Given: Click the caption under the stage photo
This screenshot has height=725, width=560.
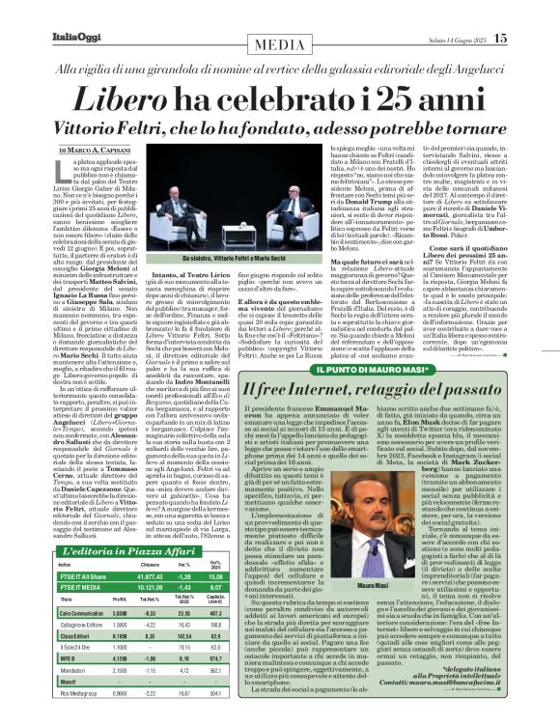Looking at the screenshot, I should [x=225, y=259].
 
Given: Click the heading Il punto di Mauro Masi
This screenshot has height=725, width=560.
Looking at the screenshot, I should [x=378, y=369].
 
